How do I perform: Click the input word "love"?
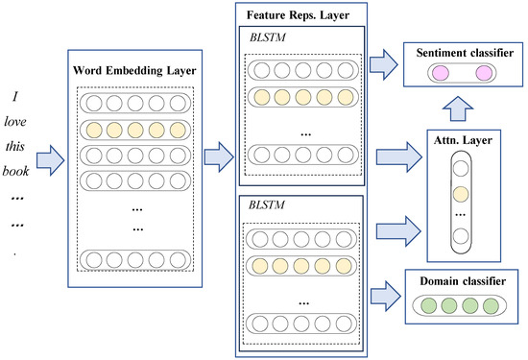point(15,122)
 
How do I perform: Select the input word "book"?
point(15,172)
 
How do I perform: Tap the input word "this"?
point(15,147)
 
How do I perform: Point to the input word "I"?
point(14,97)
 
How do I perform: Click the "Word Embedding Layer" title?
point(134,71)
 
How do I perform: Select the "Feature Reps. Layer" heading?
point(298,15)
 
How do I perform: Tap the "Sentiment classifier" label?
point(465,53)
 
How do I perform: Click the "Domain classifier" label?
point(463,281)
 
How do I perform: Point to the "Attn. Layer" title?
point(463,140)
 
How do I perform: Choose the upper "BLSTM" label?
point(268,37)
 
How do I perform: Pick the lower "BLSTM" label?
point(267,204)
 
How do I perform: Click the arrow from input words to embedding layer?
point(51,160)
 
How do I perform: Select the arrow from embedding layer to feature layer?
point(219,156)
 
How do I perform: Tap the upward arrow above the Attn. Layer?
point(458,108)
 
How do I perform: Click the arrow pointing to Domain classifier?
point(386,296)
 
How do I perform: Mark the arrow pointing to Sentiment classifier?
point(384,64)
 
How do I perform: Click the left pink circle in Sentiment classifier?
point(441,73)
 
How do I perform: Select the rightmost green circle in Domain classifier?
point(491,306)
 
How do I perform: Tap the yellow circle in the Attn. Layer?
point(461,194)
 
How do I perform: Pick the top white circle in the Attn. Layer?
point(461,168)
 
